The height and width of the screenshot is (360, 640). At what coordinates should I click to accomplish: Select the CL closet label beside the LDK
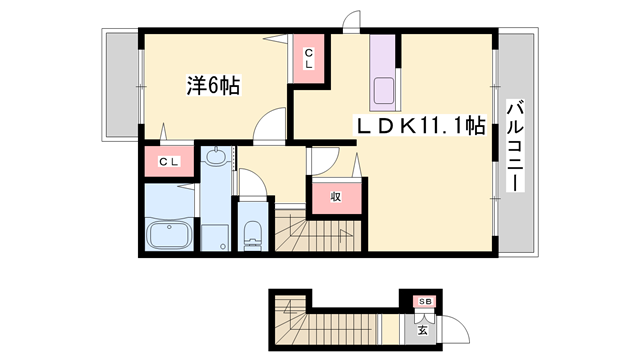pyautogui.click(x=310, y=58)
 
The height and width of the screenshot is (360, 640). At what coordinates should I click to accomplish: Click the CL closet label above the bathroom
pyautogui.click(x=168, y=162)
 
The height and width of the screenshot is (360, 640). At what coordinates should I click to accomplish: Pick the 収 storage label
pyautogui.click(x=336, y=196)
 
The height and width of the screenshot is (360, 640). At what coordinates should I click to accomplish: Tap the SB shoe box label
pyautogui.click(x=424, y=301)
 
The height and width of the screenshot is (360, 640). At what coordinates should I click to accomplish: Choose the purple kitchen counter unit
pyautogui.click(x=384, y=76)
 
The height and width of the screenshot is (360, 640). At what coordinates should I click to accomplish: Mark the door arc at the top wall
pyautogui.click(x=350, y=21)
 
